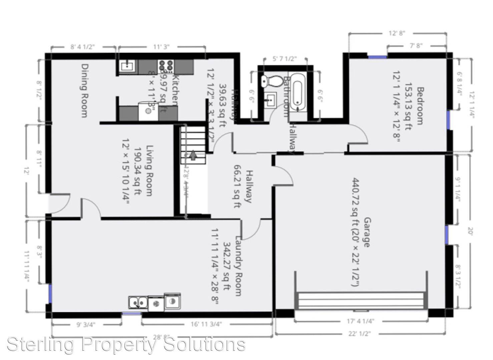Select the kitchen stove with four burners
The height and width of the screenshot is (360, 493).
tap(166, 66)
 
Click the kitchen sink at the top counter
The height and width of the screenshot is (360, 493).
tap(127, 66)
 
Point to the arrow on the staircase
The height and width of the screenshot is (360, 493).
tap(193, 155)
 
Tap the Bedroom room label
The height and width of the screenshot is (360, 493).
tap(420, 106)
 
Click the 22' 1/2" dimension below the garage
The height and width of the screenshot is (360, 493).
tap(360, 333)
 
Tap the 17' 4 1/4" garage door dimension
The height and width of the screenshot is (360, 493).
tap(361, 321)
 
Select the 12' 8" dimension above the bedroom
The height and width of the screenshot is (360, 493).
tap(397, 33)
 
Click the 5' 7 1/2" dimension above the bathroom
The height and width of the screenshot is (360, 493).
tap(285, 59)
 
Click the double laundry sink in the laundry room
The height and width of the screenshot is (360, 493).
tap(138, 302)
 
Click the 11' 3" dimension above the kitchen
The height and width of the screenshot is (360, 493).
tap(161, 47)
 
